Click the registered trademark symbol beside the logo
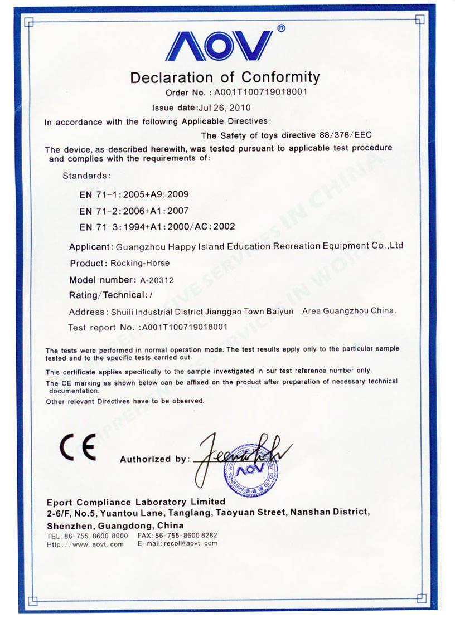(281, 28)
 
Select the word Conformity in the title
(280, 77)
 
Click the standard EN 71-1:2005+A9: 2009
(134, 194)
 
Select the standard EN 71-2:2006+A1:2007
(134, 211)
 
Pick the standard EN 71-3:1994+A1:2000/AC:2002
(157, 226)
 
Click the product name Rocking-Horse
(140, 263)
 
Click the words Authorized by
(154, 459)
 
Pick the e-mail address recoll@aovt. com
(190, 544)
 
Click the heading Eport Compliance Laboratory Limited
(136, 502)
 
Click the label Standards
(86, 176)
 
